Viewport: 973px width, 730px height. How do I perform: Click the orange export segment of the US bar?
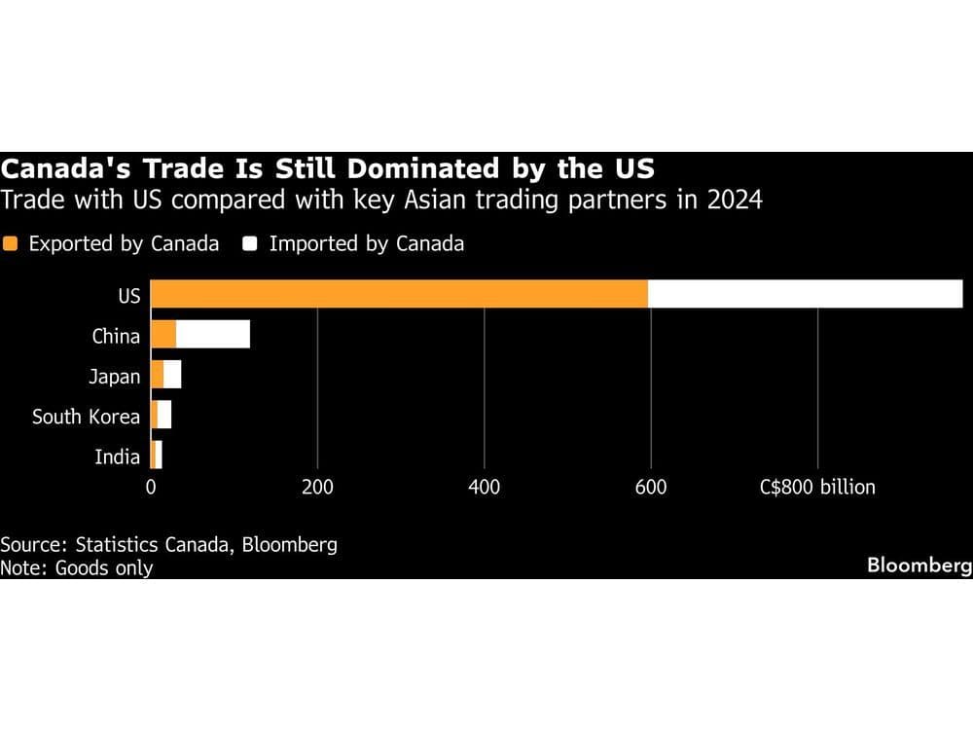pyautogui.click(x=399, y=294)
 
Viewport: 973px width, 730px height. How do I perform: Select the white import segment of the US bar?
pyautogui.click(x=805, y=294)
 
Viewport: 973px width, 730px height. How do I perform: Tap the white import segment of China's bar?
pyautogui.click(x=213, y=334)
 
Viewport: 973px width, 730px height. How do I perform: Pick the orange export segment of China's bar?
pyautogui.click(x=163, y=334)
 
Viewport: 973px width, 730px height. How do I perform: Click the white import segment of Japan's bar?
pyautogui.click(x=172, y=375)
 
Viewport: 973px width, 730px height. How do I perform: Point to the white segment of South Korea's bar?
pyautogui.click(x=164, y=415)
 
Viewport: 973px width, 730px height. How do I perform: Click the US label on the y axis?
pyautogui.click(x=128, y=296)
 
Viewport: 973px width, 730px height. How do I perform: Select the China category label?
pyautogui.click(x=116, y=337)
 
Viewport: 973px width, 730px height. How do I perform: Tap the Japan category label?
pyautogui.click(x=114, y=377)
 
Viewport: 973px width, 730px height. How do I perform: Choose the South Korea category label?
pyautogui.click(x=86, y=417)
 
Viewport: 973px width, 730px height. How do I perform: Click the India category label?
pyautogui.click(x=117, y=456)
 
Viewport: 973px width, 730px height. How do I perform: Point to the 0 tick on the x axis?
pyautogui.click(x=151, y=487)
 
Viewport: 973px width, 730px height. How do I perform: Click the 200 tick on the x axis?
pyautogui.click(x=317, y=487)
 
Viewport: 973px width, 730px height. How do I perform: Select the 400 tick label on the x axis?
pyautogui.click(x=484, y=487)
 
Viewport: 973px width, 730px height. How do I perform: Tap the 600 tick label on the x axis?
pyautogui.click(x=651, y=487)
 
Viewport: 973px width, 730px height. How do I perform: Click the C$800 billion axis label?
pyautogui.click(x=817, y=487)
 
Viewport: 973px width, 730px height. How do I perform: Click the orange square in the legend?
pyautogui.click(x=11, y=243)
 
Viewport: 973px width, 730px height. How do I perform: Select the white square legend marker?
pyautogui.click(x=250, y=243)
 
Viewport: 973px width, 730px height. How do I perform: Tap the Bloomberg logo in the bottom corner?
pyautogui.click(x=919, y=565)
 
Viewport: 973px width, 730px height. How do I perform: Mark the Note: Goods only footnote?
pyautogui.click(x=77, y=567)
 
